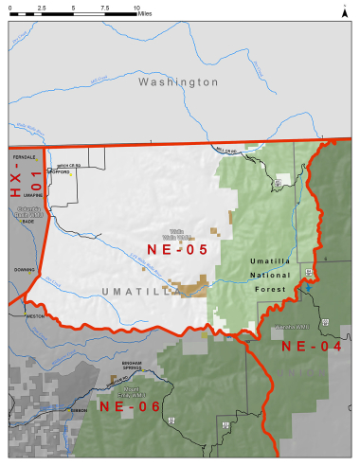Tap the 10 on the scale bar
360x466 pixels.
(136, 7)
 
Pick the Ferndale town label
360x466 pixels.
(25, 156)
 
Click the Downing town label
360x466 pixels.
(25, 268)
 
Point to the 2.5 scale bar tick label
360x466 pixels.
(42, 7)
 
